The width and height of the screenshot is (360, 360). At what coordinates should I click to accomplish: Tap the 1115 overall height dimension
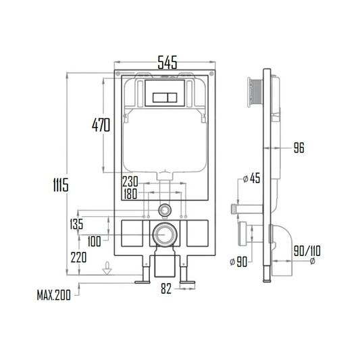tap(61, 183)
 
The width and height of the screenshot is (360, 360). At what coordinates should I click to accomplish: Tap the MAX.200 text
tap(55, 295)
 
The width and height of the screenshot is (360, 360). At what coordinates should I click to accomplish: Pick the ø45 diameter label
tap(251, 178)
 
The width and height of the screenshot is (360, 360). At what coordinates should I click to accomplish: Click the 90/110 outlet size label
tap(307, 251)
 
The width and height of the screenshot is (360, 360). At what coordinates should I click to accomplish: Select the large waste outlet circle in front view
tap(163, 234)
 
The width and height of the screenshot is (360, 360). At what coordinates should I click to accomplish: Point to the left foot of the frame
tap(143, 275)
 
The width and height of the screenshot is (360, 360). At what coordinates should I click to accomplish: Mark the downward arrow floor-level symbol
tap(106, 273)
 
